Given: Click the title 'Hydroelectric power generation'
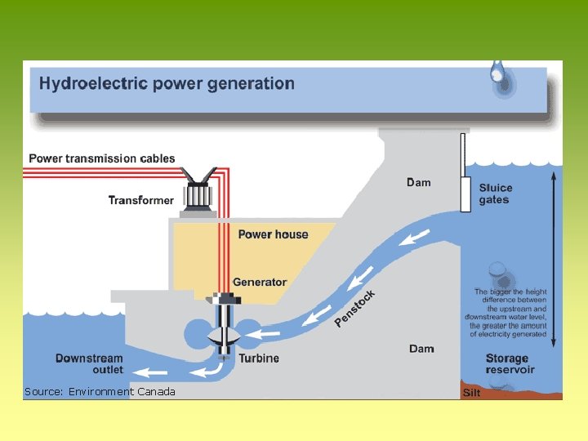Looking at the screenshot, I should tap(167, 83).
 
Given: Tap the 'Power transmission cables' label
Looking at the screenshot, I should tap(102, 158).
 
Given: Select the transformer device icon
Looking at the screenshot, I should tap(198, 194).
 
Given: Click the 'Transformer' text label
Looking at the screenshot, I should tap(141, 200).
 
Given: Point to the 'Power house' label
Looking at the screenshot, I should tap(273, 234).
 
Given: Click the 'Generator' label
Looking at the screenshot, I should tap(260, 283).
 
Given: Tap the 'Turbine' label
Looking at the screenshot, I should tap(259, 358).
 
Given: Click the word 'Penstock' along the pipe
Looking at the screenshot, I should tap(355, 308).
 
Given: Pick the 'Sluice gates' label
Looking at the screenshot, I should tap(496, 194).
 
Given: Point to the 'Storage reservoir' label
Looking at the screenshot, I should tap(510, 364).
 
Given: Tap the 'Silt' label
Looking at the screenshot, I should tap(472, 393).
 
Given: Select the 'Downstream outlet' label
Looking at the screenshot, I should tap(90, 364).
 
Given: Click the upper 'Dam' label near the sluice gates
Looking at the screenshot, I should tap(419, 182).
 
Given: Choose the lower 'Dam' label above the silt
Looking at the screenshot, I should tap(421, 349).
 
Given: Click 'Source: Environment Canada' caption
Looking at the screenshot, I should tap(100, 392).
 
